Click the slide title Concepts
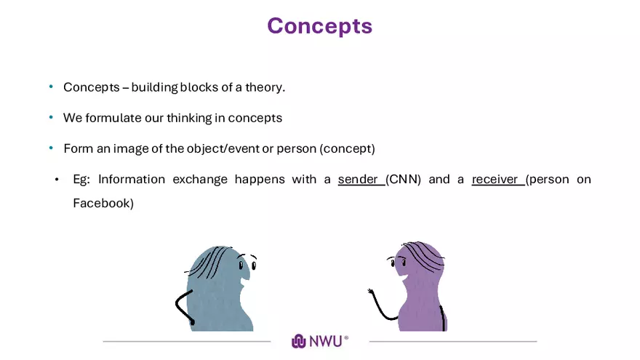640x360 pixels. pos(319,25)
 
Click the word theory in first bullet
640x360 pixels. pos(265,87)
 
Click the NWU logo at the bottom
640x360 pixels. pos(320,340)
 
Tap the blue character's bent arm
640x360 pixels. pos(183,306)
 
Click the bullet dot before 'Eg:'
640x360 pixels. pos(57,179)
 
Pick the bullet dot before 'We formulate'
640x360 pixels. pos(51,118)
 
